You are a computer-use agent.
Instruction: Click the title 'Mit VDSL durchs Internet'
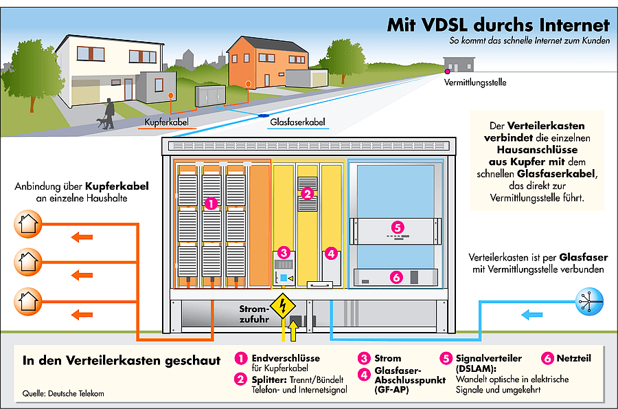click(x=498, y=25)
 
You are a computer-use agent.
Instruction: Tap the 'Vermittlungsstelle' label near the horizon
click(x=475, y=82)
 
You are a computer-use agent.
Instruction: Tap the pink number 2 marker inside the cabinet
click(x=308, y=194)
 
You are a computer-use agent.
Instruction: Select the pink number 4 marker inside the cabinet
click(x=331, y=254)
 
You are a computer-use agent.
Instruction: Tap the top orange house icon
click(x=29, y=223)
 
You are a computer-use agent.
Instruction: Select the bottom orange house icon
click(x=29, y=300)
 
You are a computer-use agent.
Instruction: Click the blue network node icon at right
click(x=588, y=300)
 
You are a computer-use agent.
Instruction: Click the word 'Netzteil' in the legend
click(x=573, y=358)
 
